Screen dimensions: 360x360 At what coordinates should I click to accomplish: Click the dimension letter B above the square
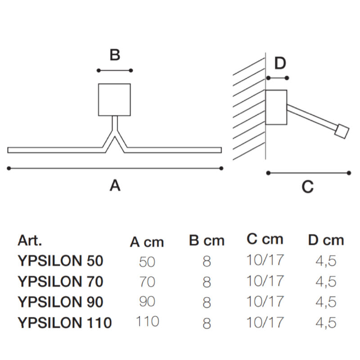[x=115, y=55]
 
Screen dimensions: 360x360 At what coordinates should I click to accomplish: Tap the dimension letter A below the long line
[x=115, y=185]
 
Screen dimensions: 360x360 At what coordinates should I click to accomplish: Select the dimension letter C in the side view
[x=307, y=187]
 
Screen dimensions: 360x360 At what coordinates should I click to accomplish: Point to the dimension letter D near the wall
[x=280, y=63]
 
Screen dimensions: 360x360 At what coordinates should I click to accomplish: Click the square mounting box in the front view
[x=115, y=99]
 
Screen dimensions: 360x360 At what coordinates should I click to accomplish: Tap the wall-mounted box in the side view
[x=276, y=107]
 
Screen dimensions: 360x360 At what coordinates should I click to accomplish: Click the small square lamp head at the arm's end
[x=342, y=131]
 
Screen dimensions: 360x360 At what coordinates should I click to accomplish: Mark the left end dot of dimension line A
[x=9, y=168]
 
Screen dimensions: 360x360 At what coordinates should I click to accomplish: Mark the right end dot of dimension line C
[x=349, y=173]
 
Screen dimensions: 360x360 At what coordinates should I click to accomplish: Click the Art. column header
[x=30, y=240]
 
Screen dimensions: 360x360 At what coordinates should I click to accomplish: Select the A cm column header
[x=147, y=242]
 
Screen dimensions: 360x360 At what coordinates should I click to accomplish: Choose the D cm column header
[x=326, y=240]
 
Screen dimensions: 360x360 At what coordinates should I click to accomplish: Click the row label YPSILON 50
[x=61, y=261]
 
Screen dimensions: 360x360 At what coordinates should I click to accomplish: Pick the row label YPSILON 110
[x=65, y=323]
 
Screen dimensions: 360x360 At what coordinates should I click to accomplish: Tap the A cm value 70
[x=147, y=282]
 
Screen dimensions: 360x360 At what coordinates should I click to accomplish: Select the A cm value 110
[x=148, y=321]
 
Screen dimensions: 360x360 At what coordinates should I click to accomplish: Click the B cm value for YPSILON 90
[x=207, y=302]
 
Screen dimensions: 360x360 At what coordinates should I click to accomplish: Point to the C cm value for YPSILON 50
[x=265, y=260]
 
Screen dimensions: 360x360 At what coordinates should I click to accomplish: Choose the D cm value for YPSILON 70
[x=326, y=282]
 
